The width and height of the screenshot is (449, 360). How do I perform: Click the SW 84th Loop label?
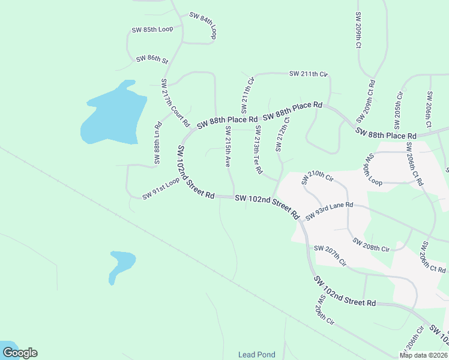(203, 25)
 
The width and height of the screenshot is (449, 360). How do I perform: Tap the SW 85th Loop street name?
(152, 29)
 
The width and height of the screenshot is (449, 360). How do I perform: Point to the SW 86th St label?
(152, 59)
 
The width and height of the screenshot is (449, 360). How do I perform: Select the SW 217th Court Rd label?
(175, 103)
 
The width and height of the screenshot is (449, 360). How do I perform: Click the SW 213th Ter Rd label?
(258, 149)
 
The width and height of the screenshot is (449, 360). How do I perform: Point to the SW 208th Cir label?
(371, 245)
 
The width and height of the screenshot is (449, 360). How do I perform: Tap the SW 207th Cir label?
(330, 255)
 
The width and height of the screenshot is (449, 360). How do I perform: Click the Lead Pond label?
(256, 355)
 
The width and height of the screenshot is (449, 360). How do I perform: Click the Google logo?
(20, 353)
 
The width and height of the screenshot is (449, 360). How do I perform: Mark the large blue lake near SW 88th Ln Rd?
(114, 114)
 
